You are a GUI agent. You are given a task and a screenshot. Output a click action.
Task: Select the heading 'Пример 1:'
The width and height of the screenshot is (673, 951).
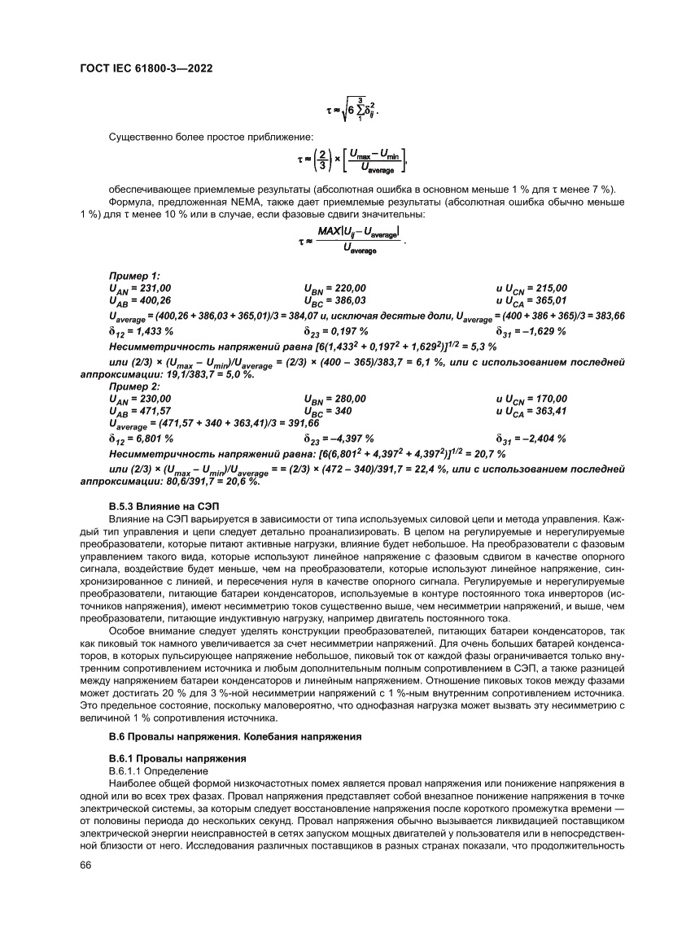click(x=129, y=277)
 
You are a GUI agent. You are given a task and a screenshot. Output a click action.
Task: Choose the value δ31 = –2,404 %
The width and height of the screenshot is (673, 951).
click(x=531, y=438)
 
